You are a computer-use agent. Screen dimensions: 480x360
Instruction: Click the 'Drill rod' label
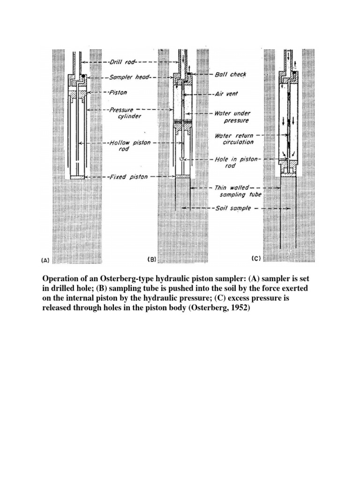(123, 62)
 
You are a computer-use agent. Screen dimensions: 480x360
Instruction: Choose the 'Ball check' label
(231, 75)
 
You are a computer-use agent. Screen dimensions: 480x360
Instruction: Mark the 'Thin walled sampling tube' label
(238, 190)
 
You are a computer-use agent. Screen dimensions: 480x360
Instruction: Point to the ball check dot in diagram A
(82, 75)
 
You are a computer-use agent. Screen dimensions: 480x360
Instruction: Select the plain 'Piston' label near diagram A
(118, 93)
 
